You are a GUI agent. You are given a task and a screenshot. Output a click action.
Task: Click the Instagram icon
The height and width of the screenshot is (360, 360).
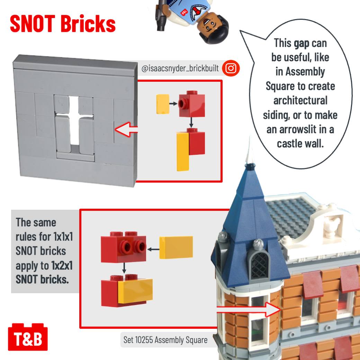point(231,68)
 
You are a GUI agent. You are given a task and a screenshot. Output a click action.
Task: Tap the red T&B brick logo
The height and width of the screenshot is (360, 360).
point(28,337)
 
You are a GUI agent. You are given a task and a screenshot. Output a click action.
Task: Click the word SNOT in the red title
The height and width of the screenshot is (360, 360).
point(33,24)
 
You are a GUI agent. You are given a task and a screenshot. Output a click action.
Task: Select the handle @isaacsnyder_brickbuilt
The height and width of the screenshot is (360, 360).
point(180,68)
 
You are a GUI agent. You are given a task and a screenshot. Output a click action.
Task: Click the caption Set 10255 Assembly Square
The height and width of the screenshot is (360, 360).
point(165,340)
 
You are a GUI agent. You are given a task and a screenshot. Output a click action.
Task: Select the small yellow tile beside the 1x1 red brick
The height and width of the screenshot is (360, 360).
point(163,104)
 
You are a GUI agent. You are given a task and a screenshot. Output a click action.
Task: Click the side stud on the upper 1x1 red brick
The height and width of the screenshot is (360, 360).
point(182,103)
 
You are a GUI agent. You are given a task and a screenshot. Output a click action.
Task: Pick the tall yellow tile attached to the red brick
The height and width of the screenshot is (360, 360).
point(183,152)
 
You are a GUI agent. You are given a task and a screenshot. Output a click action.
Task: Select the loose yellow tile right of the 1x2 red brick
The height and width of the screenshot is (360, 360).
point(176,247)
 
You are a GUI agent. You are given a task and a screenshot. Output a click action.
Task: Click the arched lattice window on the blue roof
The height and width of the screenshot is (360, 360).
point(260,265)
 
